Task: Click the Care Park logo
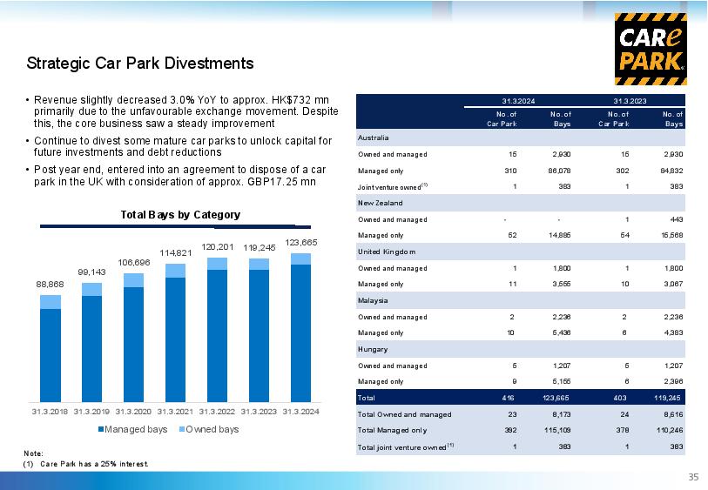(x=651, y=49)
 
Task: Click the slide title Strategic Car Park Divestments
(x=140, y=64)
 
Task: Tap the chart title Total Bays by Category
(x=180, y=215)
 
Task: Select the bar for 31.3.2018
(x=51, y=348)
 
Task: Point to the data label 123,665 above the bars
(x=301, y=242)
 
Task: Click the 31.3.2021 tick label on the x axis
(x=175, y=412)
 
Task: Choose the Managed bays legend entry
(x=132, y=429)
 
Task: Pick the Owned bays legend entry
(x=209, y=429)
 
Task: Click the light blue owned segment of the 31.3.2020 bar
(x=133, y=280)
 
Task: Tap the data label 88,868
(x=51, y=285)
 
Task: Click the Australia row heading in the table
(x=373, y=138)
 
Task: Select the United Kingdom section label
(x=387, y=252)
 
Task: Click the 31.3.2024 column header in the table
(x=518, y=101)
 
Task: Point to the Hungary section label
(x=373, y=349)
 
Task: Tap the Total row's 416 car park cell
(x=508, y=398)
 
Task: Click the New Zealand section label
(x=381, y=203)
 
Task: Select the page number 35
(x=693, y=477)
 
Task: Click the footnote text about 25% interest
(x=94, y=464)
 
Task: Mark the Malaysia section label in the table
(x=373, y=300)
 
